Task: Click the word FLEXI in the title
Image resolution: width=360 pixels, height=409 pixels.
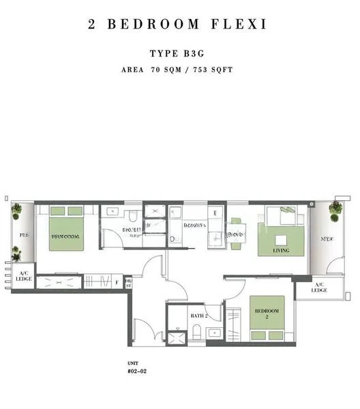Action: pyautogui.click(x=239, y=25)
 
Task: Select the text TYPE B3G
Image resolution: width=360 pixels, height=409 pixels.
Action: pyautogui.click(x=179, y=53)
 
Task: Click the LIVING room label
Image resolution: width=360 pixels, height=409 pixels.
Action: pyautogui.click(x=280, y=251)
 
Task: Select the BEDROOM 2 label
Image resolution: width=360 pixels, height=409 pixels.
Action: pyautogui.click(x=267, y=314)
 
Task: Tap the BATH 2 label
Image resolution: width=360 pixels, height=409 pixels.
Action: pyautogui.click(x=198, y=316)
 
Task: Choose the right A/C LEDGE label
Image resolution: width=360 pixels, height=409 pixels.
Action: pyautogui.click(x=319, y=287)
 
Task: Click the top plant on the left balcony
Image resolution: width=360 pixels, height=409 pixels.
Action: pyautogui.click(x=16, y=211)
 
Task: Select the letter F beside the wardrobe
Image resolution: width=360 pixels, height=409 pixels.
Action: pyautogui.click(x=117, y=281)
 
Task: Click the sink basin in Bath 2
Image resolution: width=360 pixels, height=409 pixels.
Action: pyautogui.click(x=213, y=333)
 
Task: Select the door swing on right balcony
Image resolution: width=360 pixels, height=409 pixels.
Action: pyautogui.click(x=335, y=264)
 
